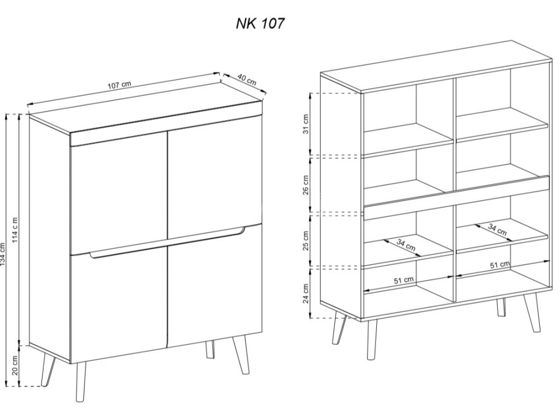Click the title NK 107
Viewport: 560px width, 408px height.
260,24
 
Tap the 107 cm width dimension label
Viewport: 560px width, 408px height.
119,85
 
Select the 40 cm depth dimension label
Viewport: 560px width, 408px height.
247,80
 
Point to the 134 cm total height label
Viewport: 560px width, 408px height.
3,254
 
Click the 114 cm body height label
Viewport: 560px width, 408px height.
15,230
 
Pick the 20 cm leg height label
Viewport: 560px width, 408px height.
15,365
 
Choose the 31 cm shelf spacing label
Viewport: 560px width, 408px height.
306,124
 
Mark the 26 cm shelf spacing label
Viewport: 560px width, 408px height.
306,186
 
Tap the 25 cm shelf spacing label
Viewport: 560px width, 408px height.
306,241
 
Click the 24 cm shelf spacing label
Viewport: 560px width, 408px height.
306,294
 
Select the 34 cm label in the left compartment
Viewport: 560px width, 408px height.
406,245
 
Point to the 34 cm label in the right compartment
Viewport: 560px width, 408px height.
497,229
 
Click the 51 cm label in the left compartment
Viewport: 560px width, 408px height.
404,280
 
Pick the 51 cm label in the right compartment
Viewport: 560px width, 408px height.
500,265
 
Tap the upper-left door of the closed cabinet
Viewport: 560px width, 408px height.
119,194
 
